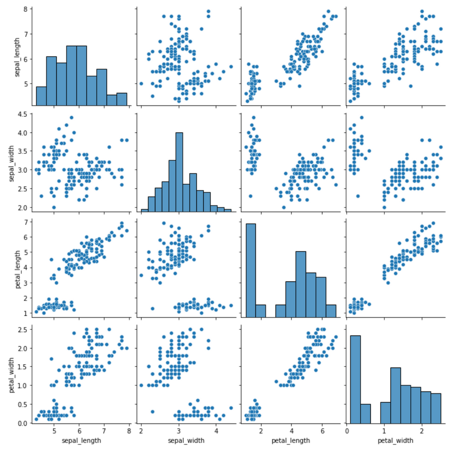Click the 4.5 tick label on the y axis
21,114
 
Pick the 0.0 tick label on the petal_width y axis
21,423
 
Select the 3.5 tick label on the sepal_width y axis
21,151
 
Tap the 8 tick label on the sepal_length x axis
129,431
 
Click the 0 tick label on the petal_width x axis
347,431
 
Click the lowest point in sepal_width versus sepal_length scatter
54,207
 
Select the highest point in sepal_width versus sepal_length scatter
71,117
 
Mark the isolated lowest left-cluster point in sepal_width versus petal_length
250,196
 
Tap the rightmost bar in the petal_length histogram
331,311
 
